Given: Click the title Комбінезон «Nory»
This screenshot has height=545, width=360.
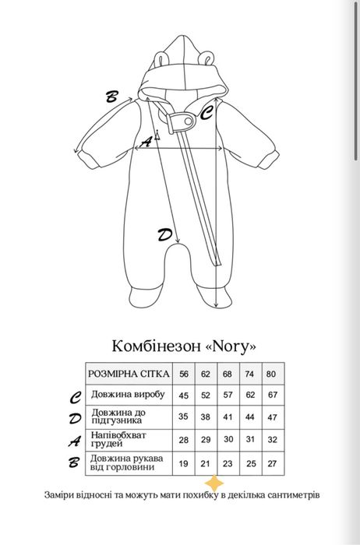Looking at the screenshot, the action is point(180,345).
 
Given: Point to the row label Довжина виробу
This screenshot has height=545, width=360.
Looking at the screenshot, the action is point(129,394).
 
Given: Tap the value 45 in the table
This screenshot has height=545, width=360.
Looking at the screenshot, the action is point(185,395).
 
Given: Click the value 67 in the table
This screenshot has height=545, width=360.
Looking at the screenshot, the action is point(272,395).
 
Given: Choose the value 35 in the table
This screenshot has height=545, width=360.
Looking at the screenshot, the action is point(185,417).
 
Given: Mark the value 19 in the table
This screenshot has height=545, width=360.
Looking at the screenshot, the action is point(185,462).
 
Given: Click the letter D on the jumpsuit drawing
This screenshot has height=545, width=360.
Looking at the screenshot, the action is point(164,234).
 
